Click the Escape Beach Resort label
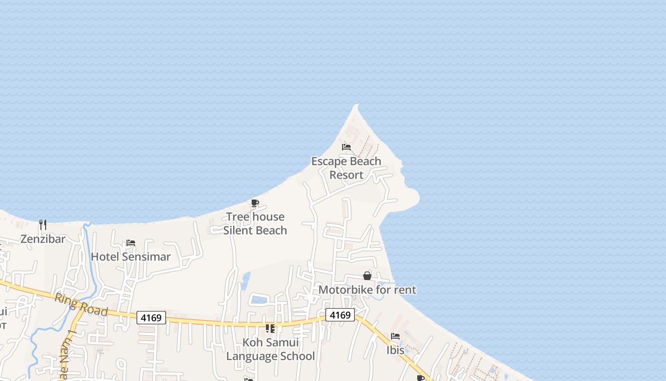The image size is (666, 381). tap(346, 168)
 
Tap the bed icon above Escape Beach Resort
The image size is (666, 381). tap(346, 147)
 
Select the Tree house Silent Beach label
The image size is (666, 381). tap(255, 223)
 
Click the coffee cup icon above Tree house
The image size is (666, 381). tap(255, 203)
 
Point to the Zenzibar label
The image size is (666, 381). tap(43, 239)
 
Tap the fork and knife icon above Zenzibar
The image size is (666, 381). tap(43, 224)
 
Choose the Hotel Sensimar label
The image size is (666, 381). tap(131, 257)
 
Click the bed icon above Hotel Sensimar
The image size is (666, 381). tap(131, 243)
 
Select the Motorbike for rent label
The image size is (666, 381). tap(367, 290)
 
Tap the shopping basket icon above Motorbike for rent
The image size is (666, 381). tap(367, 276)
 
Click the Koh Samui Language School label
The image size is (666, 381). tap(270, 349)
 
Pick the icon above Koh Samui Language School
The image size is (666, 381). tap(270, 329)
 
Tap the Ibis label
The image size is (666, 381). tap(395, 350)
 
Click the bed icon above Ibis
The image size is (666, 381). tap(395, 336)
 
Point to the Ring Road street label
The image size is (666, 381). tap(81, 305)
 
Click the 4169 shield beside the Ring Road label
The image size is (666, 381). tap(151, 318)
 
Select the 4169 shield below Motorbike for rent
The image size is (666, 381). tap(340, 315)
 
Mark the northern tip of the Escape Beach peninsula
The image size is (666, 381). tap(356, 105)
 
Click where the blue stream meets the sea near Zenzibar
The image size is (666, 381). tap(86, 224)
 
